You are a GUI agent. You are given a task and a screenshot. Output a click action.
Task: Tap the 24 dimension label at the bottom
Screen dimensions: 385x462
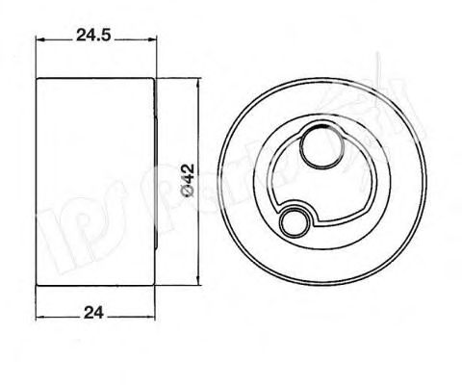coord(94,311)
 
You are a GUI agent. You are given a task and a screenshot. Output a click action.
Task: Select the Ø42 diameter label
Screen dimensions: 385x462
coord(190,181)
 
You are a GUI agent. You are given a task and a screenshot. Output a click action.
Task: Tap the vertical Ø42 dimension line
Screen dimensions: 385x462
coord(199,231)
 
